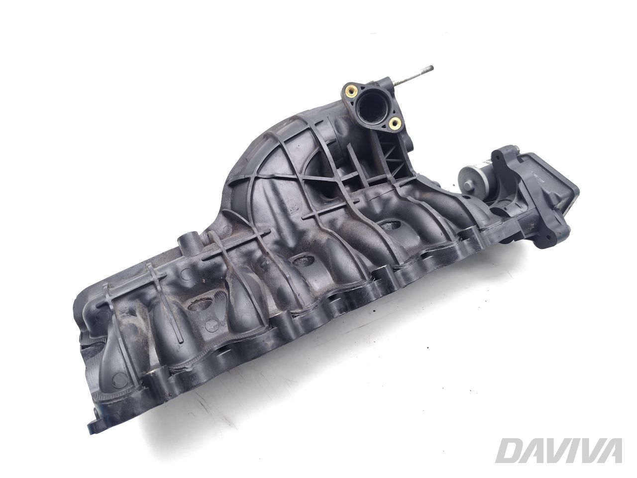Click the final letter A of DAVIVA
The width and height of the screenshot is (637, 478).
pyautogui.click(x=610, y=451)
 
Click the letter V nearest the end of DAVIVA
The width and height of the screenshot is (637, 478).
pyautogui.click(x=586, y=451)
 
